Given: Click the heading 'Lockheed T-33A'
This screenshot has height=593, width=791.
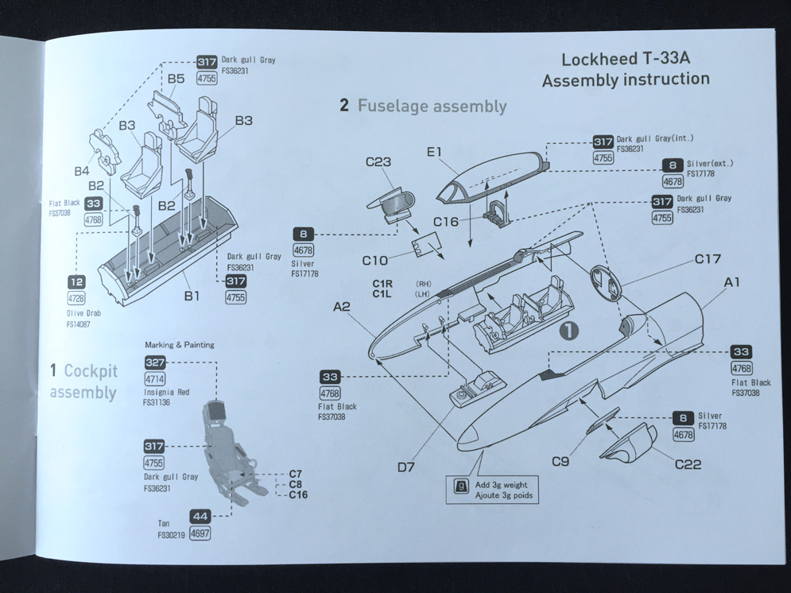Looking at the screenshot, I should point(625,60).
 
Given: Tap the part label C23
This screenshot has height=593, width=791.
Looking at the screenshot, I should point(379,163).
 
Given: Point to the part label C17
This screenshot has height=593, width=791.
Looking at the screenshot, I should point(708,259).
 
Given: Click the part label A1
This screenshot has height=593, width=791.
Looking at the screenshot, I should point(733,282).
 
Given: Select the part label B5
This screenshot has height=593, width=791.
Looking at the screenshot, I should point(176,79).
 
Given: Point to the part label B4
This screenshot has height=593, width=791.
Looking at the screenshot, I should point(82,171).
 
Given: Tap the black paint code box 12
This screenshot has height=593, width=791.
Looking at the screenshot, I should point(77,282).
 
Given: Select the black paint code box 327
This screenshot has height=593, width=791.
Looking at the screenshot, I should point(156,362).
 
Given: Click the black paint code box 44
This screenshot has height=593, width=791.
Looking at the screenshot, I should point(200,516).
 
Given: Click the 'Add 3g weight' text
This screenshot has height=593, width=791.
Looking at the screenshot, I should point(502,485).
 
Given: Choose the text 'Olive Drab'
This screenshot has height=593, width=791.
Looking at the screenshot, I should point(83,314).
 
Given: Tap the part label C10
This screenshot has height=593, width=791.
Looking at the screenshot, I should point(375,260).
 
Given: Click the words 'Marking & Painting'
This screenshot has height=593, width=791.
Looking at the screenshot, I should point(180,344).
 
